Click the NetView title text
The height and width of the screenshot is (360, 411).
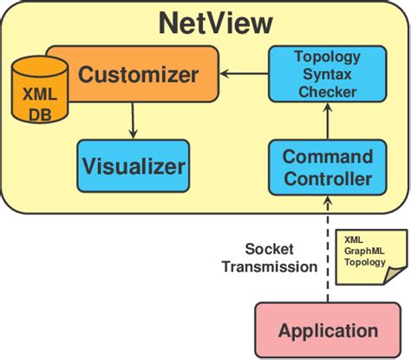[216, 23]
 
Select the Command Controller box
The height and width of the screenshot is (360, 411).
[327, 168]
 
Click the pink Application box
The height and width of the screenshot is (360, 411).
[327, 331]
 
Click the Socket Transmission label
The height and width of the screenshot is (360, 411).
[269, 258]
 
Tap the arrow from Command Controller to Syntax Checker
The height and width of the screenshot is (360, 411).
[328, 124]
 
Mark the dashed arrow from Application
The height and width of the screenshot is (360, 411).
[328, 252]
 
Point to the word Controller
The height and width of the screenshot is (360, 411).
[328, 179]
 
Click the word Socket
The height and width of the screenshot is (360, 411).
[269, 248]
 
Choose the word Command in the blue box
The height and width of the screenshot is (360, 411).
[328, 158]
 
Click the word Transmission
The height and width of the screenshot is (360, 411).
[269, 267]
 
